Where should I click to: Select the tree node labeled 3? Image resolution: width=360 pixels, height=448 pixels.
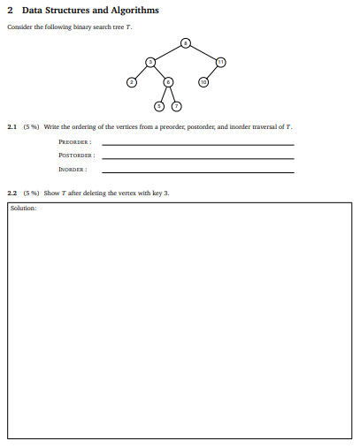(x=150, y=61)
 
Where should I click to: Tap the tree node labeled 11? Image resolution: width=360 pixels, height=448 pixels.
(x=221, y=61)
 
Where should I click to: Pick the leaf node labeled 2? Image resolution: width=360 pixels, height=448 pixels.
(x=132, y=82)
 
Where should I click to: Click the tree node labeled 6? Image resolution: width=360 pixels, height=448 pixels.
(x=168, y=82)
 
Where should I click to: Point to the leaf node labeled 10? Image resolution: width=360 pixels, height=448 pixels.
(x=203, y=82)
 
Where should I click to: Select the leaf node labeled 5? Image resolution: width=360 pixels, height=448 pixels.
(x=159, y=106)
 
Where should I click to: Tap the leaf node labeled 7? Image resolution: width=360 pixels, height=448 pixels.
(x=176, y=106)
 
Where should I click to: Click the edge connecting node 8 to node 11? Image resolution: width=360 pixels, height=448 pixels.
(x=203, y=52)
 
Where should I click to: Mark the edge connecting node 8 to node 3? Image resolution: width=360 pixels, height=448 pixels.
(x=167, y=52)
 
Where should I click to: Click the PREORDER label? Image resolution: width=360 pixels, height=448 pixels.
(x=75, y=142)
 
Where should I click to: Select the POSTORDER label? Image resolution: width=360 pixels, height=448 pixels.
(x=76, y=156)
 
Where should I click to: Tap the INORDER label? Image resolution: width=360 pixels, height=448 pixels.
(x=73, y=169)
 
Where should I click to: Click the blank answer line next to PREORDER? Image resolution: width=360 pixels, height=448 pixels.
(x=198, y=145)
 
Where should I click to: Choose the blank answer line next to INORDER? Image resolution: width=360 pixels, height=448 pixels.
(x=198, y=171)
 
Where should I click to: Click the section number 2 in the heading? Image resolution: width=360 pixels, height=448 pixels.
(x=10, y=11)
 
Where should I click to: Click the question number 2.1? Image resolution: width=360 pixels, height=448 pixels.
(x=11, y=127)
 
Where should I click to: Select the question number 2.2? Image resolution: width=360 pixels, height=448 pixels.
(x=11, y=192)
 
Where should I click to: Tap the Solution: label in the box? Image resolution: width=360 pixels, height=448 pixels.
(x=23, y=209)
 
